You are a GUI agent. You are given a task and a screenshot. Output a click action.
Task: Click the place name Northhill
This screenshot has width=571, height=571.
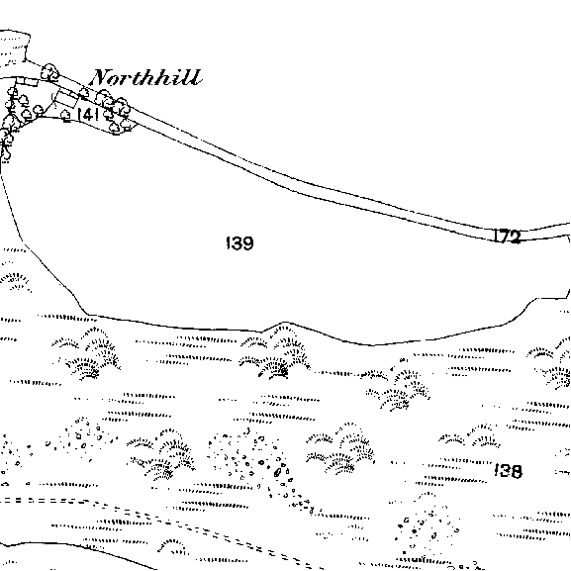click(x=145, y=77)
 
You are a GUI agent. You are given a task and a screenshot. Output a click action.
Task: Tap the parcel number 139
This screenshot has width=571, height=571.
click(x=239, y=242)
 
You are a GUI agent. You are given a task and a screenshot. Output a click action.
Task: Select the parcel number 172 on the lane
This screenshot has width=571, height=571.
click(x=508, y=236)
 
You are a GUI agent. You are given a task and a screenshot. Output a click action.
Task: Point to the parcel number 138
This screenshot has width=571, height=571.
click(x=509, y=471)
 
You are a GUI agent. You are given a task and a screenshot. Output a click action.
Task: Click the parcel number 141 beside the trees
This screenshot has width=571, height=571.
click(x=88, y=115)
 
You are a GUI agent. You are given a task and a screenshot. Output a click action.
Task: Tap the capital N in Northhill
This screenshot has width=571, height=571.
click(x=102, y=77)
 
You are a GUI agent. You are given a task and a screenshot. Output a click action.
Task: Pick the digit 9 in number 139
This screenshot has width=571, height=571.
click(x=247, y=243)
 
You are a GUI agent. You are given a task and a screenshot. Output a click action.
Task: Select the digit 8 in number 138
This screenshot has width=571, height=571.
click(x=516, y=471)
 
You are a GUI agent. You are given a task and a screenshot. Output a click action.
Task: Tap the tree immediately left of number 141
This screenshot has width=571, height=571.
click(x=65, y=116)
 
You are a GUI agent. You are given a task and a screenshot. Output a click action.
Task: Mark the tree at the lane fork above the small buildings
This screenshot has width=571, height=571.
click(x=49, y=71)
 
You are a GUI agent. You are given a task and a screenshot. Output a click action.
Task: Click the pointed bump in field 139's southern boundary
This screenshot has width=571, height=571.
click(x=285, y=323)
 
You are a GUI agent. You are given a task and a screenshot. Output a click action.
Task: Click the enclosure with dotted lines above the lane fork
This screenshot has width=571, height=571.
click(x=15, y=48)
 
